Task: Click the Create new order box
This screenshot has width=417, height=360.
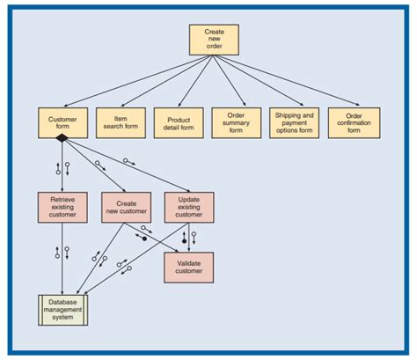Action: (x=214, y=40)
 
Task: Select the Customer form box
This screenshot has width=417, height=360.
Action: (x=62, y=122)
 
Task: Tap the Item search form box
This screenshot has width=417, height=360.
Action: (x=120, y=122)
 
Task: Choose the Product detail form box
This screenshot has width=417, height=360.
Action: (x=179, y=122)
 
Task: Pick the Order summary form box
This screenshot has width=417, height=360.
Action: (x=236, y=122)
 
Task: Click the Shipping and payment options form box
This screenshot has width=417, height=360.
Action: (x=295, y=122)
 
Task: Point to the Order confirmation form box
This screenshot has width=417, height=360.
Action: (x=354, y=122)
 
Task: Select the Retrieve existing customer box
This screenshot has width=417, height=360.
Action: (x=62, y=207)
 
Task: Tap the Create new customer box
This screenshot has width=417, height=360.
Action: (x=126, y=207)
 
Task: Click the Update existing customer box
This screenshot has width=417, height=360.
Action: (x=188, y=207)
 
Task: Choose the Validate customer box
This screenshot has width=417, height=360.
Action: (x=188, y=267)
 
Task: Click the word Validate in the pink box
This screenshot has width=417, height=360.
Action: (x=188, y=262)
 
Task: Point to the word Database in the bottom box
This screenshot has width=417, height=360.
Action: (x=62, y=302)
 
